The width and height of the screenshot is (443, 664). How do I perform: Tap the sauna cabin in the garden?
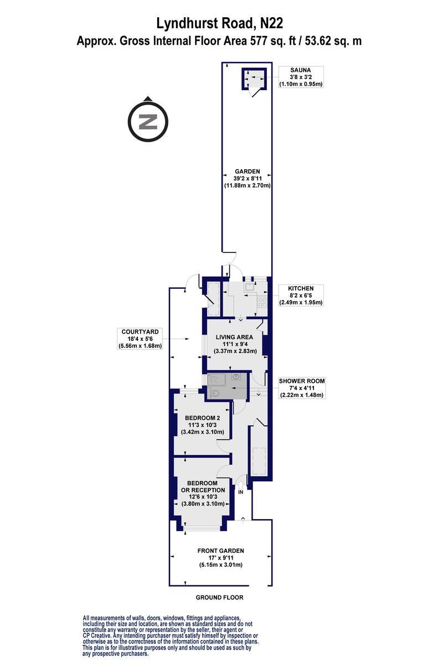(254, 78)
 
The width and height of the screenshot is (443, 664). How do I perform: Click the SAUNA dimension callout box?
(300, 77)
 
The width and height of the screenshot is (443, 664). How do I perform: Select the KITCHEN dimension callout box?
(301, 295)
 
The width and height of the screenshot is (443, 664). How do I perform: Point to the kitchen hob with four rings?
(262, 302)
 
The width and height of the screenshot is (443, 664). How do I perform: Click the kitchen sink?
(248, 287)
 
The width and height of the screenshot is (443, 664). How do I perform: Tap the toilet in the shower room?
(214, 393)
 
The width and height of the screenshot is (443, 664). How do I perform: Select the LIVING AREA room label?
(234, 337)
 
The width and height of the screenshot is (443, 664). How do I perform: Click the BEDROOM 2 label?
(202, 418)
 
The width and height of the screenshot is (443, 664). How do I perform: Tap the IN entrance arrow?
(240, 486)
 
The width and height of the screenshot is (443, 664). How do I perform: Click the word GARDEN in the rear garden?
(248, 172)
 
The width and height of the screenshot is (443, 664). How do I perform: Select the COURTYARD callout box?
(140, 339)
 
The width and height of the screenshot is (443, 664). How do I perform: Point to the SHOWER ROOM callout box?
(302, 388)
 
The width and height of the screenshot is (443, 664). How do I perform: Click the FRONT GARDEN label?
(221, 551)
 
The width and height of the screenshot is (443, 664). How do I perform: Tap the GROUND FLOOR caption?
(220, 597)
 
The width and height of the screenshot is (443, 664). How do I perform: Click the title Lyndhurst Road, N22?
(220, 23)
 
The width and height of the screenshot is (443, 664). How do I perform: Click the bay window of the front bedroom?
(202, 528)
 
